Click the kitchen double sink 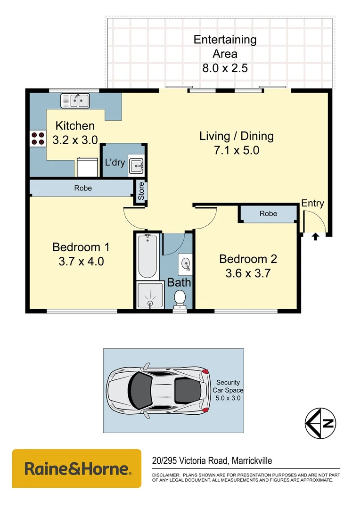75,100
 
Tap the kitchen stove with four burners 38,138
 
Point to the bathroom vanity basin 186,264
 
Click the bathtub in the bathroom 147,257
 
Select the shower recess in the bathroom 149,295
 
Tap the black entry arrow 315,237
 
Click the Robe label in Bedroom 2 268,213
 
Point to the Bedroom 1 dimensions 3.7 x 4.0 81,261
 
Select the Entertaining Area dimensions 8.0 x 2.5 225,68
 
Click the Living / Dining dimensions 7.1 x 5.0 236,151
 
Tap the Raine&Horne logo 76,468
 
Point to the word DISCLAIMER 166,475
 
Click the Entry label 312,203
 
